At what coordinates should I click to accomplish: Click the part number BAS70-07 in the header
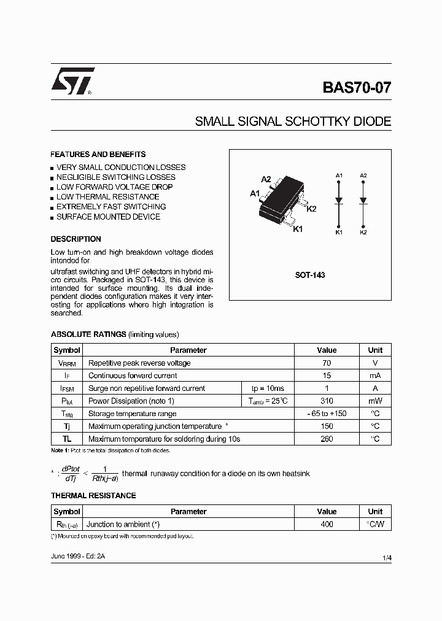pyautogui.click(x=356, y=87)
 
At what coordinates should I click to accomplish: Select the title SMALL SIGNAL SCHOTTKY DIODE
pyautogui.click(x=293, y=121)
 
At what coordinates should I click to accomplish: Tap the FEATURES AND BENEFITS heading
pyautogui.click(x=98, y=155)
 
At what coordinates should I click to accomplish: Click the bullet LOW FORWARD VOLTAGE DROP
pyautogui.click(x=114, y=187)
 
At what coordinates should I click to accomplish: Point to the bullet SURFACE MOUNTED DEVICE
pyautogui.click(x=108, y=217)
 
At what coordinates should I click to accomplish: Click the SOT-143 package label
pyautogui.click(x=310, y=276)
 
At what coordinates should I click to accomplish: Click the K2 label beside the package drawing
pyautogui.click(x=311, y=209)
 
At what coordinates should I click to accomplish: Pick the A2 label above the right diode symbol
pyautogui.click(x=363, y=175)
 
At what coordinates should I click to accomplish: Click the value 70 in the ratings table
pyautogui.click(x=327, y=363)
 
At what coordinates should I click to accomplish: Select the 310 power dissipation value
pyautogui.click(x=327, y=401)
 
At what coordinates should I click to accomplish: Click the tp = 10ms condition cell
pyautogui.click(x=268, y=388)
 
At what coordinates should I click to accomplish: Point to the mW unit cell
pyautogui.click(x=375, y=401)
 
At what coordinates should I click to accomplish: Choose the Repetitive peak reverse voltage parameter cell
pyautogui.click(x=139, y=363)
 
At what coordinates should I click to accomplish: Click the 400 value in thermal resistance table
pyautogui.click(x=327, y=524)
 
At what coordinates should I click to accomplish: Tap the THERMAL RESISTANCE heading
pyautogui.click(x=93, y=496)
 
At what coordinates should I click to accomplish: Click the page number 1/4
pyautogui.click(x=386, y=557)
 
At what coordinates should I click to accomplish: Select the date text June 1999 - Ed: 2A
pyautogui.click(x=79, y=555)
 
